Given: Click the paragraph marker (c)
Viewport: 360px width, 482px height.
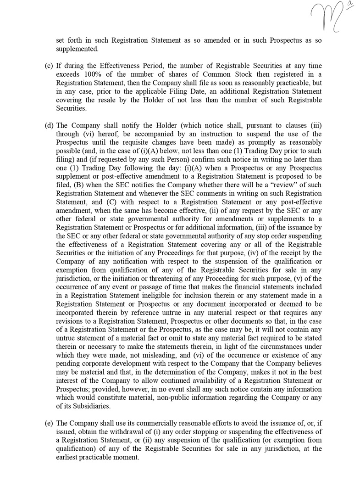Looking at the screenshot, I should (x=49, y=66).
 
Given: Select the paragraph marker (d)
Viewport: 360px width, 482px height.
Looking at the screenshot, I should (x=49, y=125).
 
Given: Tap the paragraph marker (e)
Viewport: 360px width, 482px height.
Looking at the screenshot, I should (x=49, y=424).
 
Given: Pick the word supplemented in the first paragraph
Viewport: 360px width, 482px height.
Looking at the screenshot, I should (x=77, y=49).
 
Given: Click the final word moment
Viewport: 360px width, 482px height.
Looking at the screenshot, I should (x=126, y=458).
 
